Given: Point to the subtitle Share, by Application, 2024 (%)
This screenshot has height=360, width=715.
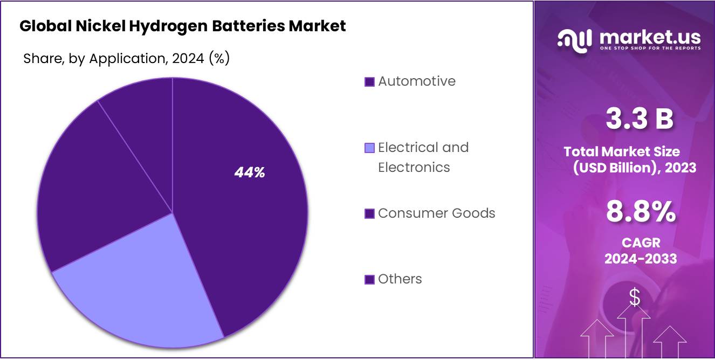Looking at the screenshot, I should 126,59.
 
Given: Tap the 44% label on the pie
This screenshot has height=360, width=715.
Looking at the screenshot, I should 250,172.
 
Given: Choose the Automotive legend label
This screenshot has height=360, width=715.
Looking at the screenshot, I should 416,81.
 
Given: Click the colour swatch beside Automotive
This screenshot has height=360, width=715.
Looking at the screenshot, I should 369,82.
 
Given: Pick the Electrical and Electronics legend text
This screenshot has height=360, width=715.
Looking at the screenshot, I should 423,157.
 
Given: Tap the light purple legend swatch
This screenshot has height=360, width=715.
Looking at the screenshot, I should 369,148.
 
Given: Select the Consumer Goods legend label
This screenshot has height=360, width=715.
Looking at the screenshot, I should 436,213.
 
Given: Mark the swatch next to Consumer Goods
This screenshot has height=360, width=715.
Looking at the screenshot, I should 369,214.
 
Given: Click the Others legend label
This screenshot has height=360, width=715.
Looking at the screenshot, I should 400,279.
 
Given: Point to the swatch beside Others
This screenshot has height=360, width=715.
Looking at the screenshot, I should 369,280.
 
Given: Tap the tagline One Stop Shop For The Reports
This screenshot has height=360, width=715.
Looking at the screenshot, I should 650,48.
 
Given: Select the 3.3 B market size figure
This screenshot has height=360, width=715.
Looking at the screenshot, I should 640,119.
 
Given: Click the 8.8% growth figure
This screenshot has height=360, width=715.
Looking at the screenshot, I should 641,212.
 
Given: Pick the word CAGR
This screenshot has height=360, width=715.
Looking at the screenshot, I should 641,243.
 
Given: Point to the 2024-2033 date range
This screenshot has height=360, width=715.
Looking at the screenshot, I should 641,259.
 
